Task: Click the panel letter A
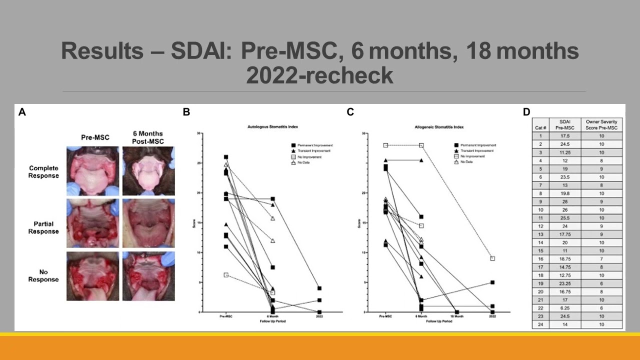(22, 112)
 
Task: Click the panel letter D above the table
(526, 112)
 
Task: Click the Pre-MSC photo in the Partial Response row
(93, 223)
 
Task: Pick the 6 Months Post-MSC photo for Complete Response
(148, 171)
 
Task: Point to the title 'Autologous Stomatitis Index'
(269, 127)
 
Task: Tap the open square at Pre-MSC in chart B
(226, 275)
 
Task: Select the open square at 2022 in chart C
(492, 258)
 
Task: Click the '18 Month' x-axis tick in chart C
(457, 317)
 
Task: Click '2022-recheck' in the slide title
(319, 75)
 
